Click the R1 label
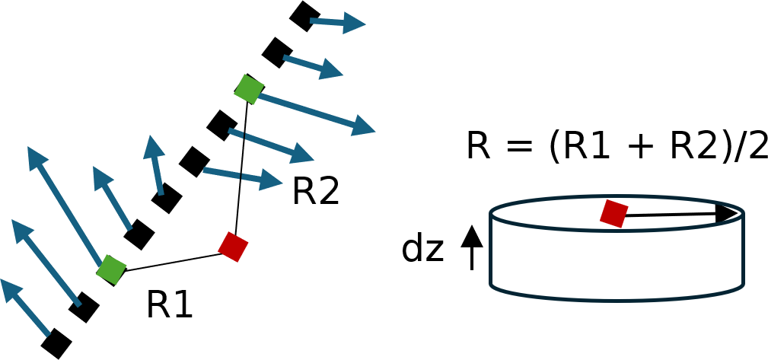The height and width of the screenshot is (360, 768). tap(169, 304)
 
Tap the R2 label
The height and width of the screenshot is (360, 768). tap(315, 191)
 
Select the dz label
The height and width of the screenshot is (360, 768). tap(422, 249)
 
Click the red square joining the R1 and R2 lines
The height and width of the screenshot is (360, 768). tap(233, 247)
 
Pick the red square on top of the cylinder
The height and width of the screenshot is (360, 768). tap(613, 214)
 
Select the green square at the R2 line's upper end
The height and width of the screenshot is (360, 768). tap(249, 89)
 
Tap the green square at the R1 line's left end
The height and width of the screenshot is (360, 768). tap(111, 270)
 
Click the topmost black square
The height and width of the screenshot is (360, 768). tap(304, 16)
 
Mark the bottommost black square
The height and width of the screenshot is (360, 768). tap(56, 343)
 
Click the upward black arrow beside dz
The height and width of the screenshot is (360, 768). tap(472, 237)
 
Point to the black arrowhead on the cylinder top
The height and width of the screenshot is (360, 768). tap(727, 213)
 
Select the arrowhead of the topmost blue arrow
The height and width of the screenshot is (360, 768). tap(355, 24)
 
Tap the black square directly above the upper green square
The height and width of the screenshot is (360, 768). tap(277, 53)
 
